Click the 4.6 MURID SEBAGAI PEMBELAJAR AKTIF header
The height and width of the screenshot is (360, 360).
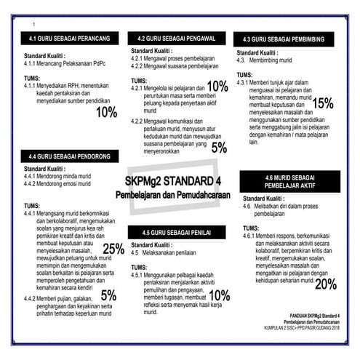pyautogui.click(x=289, y=181)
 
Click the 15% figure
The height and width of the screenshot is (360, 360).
pyautogui.click(x=323, y=103)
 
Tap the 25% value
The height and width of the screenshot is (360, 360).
pyautogui.click(x=113, y=249)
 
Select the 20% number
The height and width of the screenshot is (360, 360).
pyautogui.click(x=325, y=284)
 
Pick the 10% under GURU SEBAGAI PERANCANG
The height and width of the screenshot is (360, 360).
pyautogui.click(x=106, y=112)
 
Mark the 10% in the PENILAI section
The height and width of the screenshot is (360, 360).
pyautogui.click(x=219, y=295)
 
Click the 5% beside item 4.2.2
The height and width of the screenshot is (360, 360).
pyautogui.click(x=219, y=148)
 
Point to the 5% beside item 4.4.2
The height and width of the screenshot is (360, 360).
pyautogui.click(x=108, y=295)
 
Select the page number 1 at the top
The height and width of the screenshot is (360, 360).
pyautogui.click(x=33, y=25)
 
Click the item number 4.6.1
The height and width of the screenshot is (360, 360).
pyautogui.click(x=251, y=236)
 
